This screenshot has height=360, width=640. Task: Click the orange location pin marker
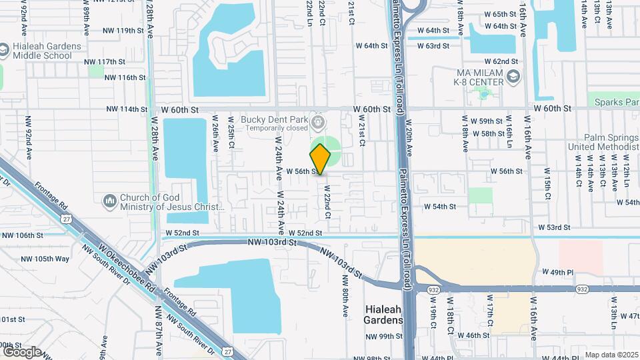pos(321,159)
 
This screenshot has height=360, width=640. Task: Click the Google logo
pos(22,351)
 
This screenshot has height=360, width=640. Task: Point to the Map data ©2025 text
pos(611,355)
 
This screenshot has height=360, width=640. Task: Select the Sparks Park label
pos(614,102)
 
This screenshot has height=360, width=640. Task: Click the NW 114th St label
pos(126,109)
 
